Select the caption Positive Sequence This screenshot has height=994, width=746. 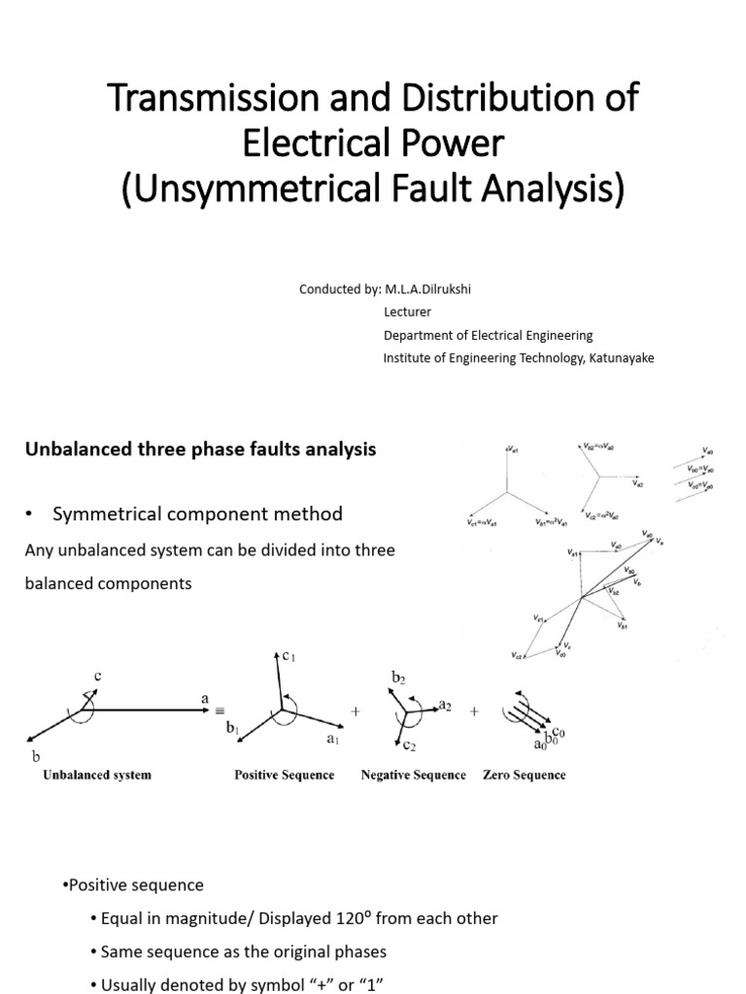click(x=284, y=776)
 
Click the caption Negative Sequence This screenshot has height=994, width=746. click(x=413, y=776)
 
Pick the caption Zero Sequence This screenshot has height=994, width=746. click(x=524, y=776)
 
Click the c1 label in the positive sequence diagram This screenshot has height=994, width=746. click(x=287, y=657)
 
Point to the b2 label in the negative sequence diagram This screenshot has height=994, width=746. click(x=398, y=675)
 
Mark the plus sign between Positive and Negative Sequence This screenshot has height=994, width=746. click(x=356, y=712)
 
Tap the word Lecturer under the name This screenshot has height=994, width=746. click(x=407, y=313)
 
